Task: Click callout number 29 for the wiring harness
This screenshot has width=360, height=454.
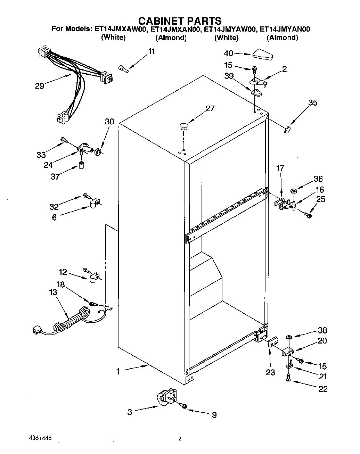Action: (40, 86)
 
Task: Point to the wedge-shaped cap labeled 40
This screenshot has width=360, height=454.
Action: (263, 55)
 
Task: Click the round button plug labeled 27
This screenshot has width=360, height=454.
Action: (183, 125)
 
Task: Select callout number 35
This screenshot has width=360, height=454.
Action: (313, 103)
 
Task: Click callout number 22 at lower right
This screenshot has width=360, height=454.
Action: (323, 389)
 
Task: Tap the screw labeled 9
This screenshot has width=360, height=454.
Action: (183, 406)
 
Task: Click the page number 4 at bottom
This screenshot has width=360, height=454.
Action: (180, 439)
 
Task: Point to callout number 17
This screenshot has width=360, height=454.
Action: (280, 168)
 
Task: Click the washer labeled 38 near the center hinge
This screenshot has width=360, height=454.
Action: (294, 191)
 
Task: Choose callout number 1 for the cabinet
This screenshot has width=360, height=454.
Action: (118, 372)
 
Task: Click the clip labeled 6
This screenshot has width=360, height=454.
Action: (94, 204)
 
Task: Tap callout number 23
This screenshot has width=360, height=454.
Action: (270, 373)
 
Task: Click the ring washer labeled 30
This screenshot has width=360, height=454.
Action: (98, 151)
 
